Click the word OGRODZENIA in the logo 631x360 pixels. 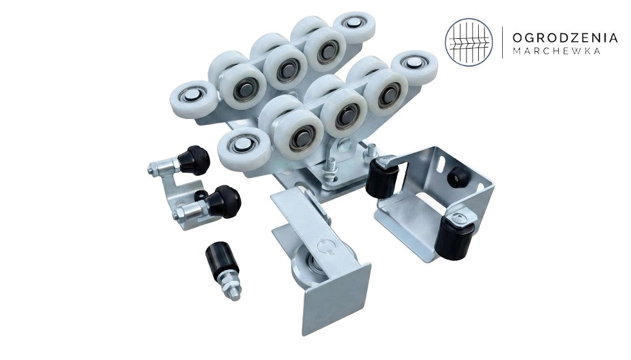(x=565, y=38)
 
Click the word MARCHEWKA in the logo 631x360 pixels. (x=557, y=51)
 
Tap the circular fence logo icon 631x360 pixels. (x=469, y=43)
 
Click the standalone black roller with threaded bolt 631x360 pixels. (x=223, y=271)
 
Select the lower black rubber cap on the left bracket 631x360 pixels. (x=224, y=202)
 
